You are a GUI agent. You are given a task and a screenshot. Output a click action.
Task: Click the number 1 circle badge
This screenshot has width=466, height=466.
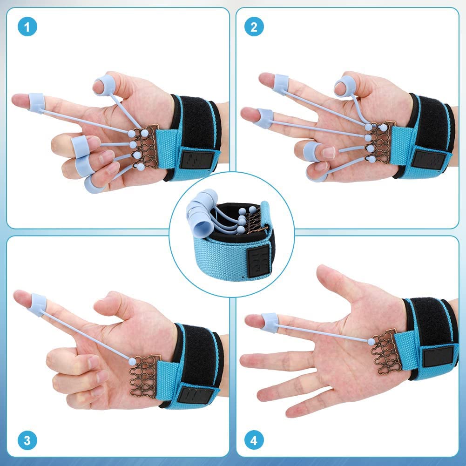point(27,27)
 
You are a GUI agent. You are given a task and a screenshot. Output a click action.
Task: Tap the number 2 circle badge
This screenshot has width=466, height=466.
point(254,27)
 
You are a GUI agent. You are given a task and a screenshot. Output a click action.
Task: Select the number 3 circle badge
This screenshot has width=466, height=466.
point(27,440)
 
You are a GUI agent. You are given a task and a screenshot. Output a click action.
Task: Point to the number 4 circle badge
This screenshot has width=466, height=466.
point(254,440)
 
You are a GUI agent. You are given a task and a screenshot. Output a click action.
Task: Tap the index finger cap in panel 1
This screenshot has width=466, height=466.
point(37,103)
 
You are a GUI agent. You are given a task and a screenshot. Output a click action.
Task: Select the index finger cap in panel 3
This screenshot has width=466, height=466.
point(38,304)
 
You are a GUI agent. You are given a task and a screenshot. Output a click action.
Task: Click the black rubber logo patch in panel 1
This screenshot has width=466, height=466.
point(197,159)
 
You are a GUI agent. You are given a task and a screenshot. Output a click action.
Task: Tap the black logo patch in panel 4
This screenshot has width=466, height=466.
point(439,356)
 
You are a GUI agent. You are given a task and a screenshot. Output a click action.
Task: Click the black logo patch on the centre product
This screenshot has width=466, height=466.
point(259,261)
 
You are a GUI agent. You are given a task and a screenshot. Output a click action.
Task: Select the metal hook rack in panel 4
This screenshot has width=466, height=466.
point(385,351)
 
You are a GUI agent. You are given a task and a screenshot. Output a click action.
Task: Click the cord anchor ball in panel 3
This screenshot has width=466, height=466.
point(132,361)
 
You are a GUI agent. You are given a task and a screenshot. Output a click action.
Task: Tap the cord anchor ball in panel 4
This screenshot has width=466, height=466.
point(371,341)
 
